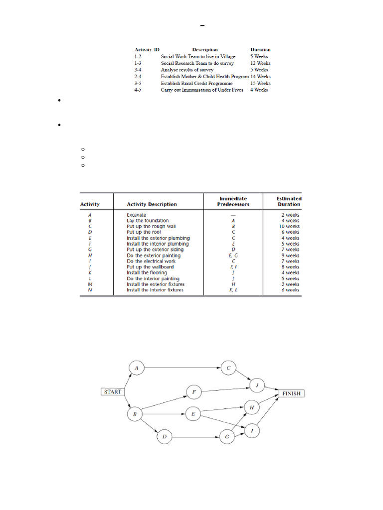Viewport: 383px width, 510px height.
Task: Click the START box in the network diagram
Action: tap(113, 391)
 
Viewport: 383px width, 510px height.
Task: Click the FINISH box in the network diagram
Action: tap(291, 393)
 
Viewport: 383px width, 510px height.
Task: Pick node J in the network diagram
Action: tap(257, 386)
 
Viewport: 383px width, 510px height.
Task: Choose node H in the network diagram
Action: tap(252, 407)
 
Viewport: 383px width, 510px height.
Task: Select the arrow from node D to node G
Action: tap(194, 437)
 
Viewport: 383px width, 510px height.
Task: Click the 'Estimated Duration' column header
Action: tap(289, 201)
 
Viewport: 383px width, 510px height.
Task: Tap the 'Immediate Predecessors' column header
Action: tap(233, 201)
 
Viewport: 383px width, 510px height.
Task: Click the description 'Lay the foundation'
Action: tap(148, 221)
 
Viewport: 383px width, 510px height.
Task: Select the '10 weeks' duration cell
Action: tap(289, 226)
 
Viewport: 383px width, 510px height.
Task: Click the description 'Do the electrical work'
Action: tap(151, 261)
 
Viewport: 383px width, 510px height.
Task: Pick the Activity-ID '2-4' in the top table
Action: tap(139, 77)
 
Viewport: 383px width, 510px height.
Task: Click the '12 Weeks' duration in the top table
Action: tap(260, 63)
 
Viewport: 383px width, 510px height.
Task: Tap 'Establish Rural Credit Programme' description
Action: tap(196, 83)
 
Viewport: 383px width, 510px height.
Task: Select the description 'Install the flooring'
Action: tap(147, 273)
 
